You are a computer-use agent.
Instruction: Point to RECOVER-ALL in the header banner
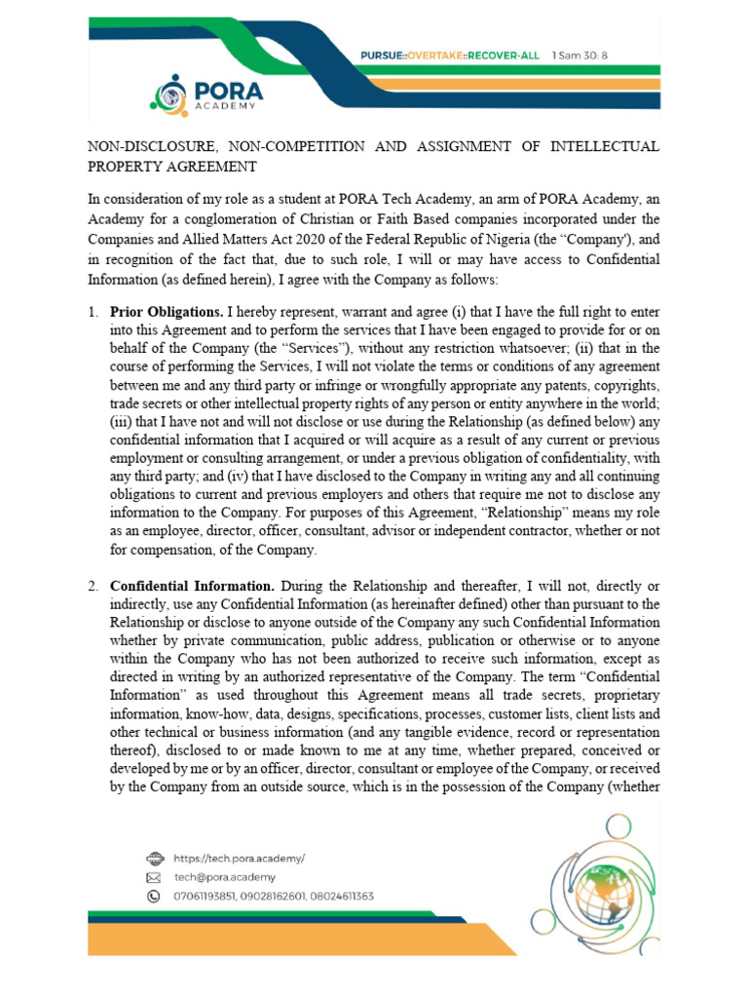click(504, 56)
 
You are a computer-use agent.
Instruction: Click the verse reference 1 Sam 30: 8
click(580, 56)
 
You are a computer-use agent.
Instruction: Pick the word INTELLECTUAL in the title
click(605, 147)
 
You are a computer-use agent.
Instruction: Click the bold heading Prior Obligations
click(167, 313)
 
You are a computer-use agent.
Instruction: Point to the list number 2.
click(93, 587)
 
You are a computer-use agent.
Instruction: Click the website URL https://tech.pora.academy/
click(240, 858)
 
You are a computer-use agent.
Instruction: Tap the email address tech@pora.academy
click(225, 876)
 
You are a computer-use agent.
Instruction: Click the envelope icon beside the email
click(153, 877)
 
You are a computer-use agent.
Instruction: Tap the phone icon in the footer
click(153, 896)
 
